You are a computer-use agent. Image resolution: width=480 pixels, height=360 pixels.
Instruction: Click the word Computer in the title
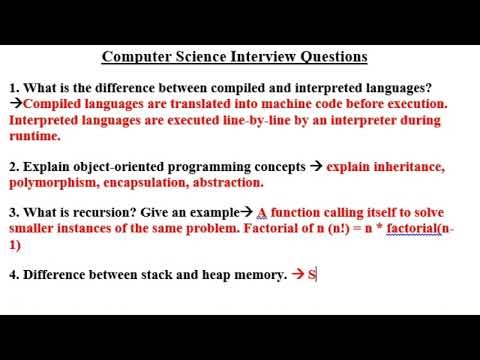coord(137,56)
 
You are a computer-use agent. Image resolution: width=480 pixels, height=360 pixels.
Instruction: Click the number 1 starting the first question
coord(12,86)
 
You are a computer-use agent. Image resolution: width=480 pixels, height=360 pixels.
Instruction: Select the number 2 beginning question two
coord(12,167)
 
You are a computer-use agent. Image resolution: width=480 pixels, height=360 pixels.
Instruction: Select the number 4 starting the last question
coord(12,274)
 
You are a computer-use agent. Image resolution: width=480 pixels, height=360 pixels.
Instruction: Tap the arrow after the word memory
coord(297,274)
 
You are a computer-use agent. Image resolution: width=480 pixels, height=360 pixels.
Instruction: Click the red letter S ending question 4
coord(311,274)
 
